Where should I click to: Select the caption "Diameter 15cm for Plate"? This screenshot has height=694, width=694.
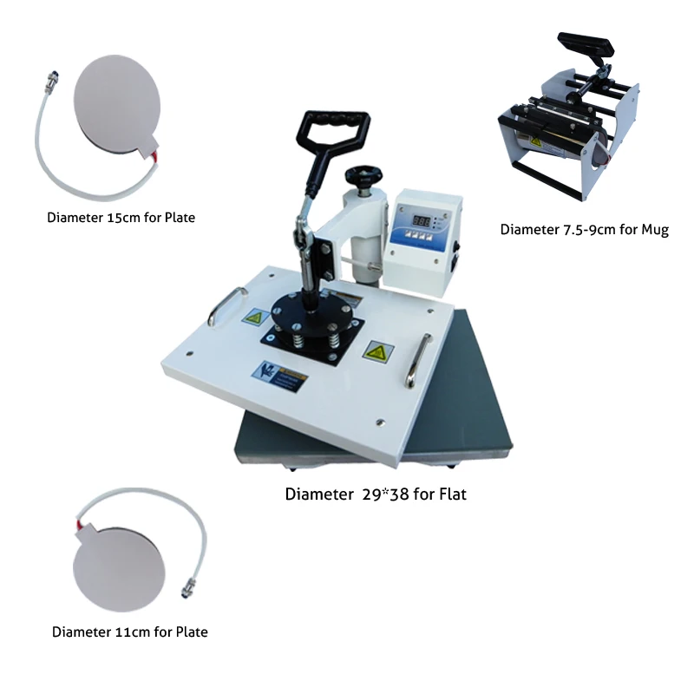click(x=121, y=217)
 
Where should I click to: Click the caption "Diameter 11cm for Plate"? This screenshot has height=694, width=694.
click(x=130, y=632)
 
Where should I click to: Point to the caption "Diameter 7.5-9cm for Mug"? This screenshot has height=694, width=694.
click(x=584, y=230)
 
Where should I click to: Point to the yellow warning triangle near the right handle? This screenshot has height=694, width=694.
click(x=378, y=351)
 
